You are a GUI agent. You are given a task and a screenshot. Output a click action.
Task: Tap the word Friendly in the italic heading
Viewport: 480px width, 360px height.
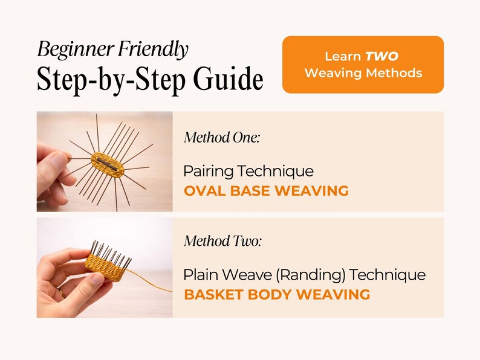[x=154, y=49]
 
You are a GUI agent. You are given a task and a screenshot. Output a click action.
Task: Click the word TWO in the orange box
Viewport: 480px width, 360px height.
[x=381, y=56]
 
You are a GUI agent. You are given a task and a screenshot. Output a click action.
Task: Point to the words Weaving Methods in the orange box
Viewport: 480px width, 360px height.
[x=363, y=73]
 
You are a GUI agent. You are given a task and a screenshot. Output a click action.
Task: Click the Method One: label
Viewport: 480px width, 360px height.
[x=222, y=137]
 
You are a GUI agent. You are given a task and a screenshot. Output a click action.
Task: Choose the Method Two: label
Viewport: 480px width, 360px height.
[x=223, y=241]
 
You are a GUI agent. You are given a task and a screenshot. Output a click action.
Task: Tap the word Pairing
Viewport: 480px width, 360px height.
[x=209, y=172]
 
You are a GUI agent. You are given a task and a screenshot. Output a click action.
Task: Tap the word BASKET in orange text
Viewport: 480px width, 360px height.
[x=213, y=295]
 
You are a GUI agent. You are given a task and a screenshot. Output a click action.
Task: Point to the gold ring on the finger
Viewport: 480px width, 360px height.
[x=61, y=292]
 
